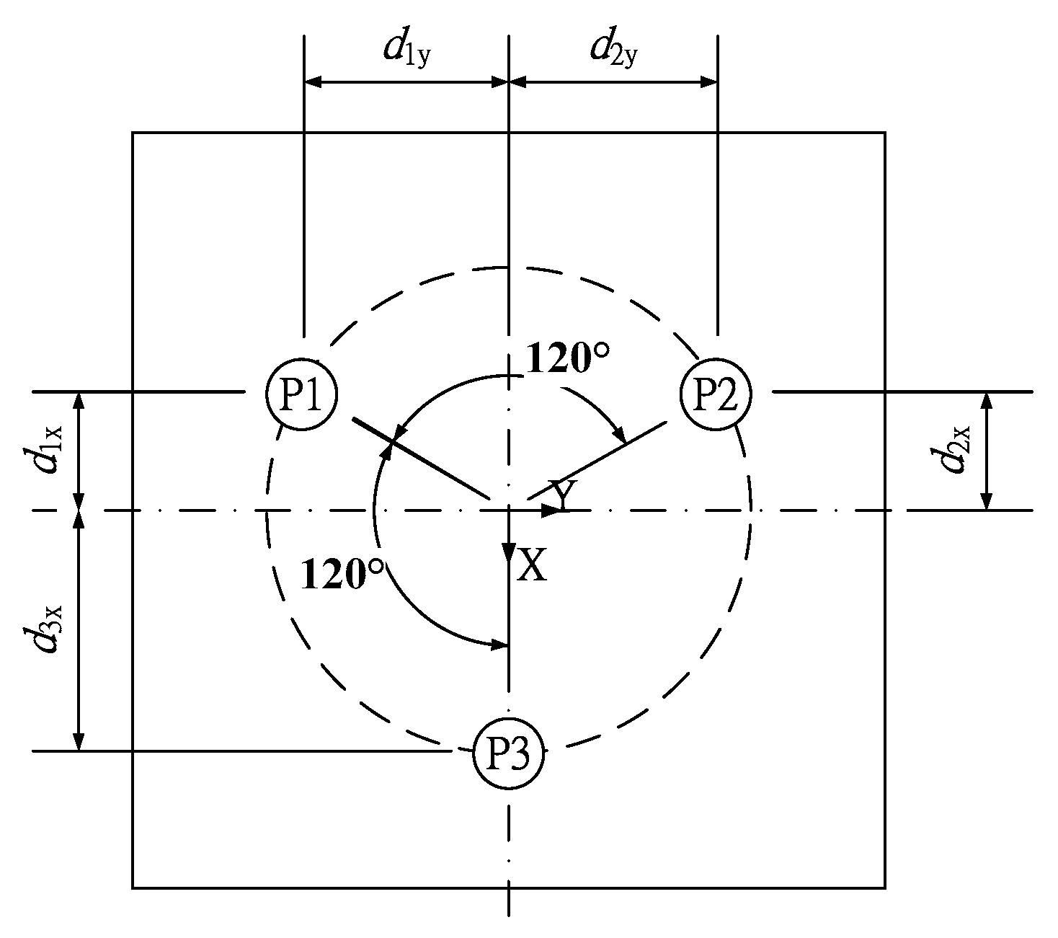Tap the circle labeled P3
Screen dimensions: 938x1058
509,754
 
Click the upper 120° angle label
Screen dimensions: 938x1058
568,357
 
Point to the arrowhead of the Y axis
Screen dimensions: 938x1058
552,510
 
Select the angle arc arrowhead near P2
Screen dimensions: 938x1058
618,436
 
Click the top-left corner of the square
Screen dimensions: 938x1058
133,133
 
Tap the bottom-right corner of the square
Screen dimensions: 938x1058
884,888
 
